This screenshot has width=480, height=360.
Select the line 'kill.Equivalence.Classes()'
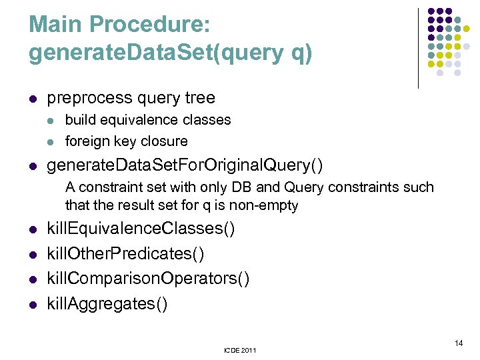click(141, 229)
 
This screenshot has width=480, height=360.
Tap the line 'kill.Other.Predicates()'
click(125, 254)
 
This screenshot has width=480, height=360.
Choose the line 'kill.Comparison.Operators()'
click(148, 278)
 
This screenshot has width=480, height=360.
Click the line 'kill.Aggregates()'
click(107, 303)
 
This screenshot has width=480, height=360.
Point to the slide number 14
click(458, 343)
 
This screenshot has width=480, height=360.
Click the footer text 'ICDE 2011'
click(239, 350)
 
